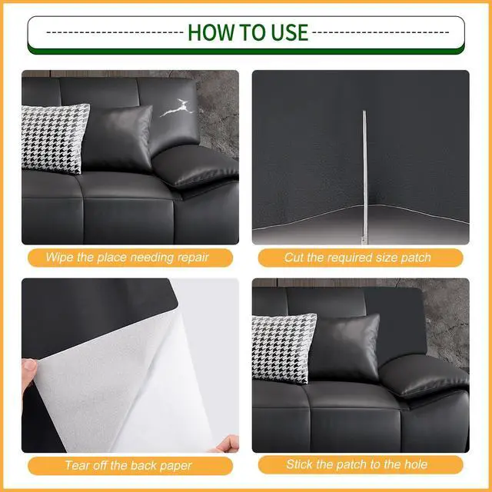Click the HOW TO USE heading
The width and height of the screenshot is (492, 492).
248,32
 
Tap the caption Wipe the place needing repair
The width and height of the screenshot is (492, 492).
127,258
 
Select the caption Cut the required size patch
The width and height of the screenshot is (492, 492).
357,258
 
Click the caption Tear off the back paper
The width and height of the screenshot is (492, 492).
128,465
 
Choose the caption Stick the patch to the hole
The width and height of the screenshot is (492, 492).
357,464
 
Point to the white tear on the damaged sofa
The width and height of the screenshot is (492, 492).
177,108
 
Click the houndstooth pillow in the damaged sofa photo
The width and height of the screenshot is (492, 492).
55,138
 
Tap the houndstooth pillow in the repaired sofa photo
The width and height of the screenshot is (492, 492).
284,348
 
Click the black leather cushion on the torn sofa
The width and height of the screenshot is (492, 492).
118,138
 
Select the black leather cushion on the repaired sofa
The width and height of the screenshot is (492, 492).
344,347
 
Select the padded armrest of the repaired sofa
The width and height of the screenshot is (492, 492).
424,376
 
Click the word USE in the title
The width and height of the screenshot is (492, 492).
290,32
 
